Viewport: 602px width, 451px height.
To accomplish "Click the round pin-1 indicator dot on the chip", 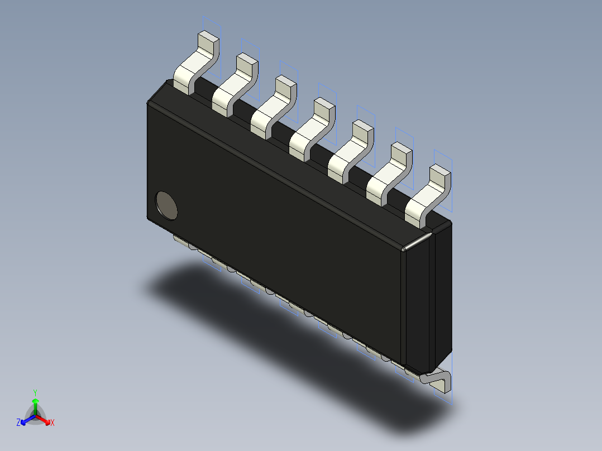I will point(166,205).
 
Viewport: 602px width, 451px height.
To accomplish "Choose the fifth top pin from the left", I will point(351,150).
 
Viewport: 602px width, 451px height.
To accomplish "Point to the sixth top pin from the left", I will point(389,172).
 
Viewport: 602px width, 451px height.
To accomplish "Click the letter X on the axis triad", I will point(52,423).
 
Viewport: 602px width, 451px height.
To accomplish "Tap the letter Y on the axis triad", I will point(35,392).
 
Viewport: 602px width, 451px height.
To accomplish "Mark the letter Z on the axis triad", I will point(18,423).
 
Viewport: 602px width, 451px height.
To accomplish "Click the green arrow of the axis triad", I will point(35,403).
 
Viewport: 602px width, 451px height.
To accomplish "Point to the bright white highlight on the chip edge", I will point(417,242).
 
